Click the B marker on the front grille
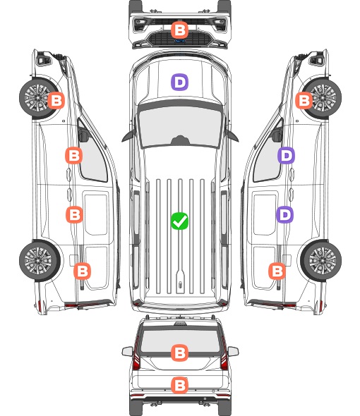pyautogui.click(x=179, y=30)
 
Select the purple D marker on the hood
pyautogui.click(x=179, y=82)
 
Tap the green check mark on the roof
pyautogui.click(x=179, y=221)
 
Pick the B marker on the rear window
pyautogui.click(x=179, y=353)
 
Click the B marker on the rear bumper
pyautogui.click(x=179, y=385)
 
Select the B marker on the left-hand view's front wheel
pyautogui.click(x=56, y=100)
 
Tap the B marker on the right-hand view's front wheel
pyautogui.click(x=304, y=100)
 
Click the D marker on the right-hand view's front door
pyautogui.click(x=286, y=155)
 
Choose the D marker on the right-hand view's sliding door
pyautogui.click(x=285, y=214)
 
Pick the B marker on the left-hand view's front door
pyautogui.click(x=74, y=155)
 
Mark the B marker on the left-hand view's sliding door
pyautogui.click(x=74, y=214)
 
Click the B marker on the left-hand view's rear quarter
pyautogui.click(x=82, y=271)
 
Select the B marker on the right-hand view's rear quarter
pyautogui.click(x=277, y=271)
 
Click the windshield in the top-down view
pyautogui.click(x=180, y=126)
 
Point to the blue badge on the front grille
pyautogui.click(x=179, y=41)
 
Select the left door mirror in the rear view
pyautogui.click(x=127, y=351)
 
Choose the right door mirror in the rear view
pyautogui.click(x=233, y=351)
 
